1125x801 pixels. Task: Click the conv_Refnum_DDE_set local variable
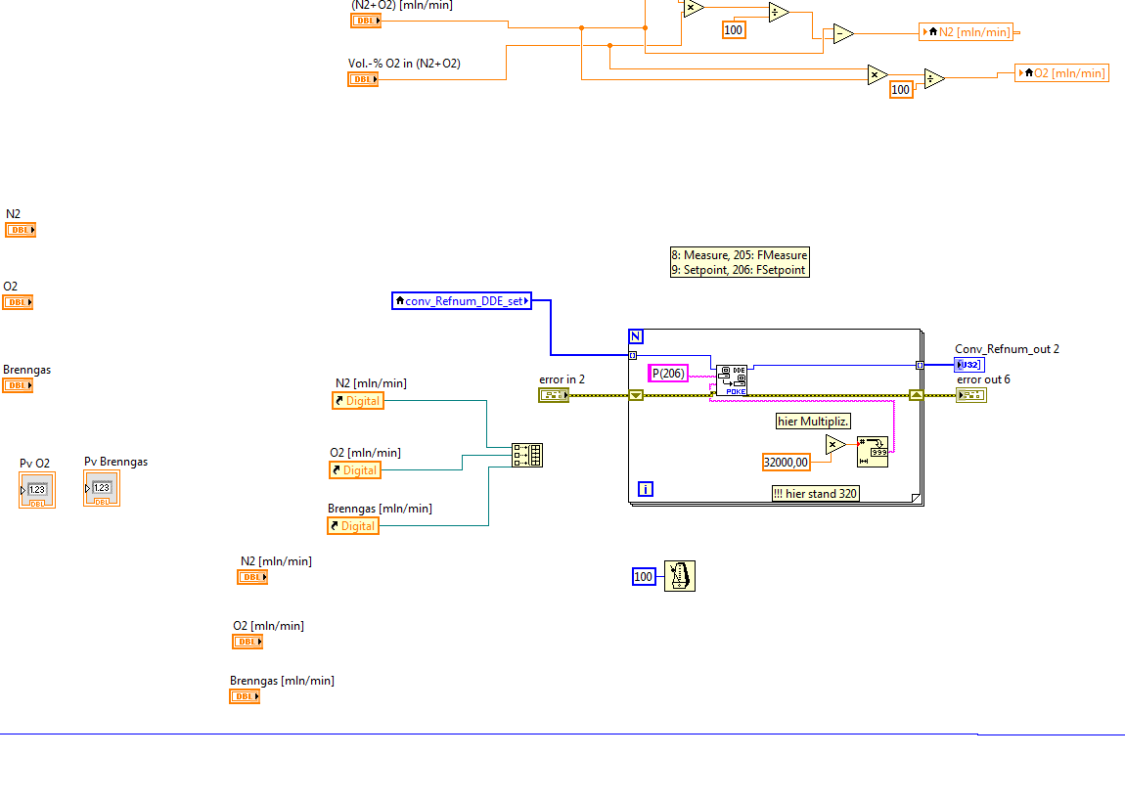click(462, 301)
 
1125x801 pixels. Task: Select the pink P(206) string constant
click(668, 373)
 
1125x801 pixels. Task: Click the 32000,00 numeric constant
click(787, 462)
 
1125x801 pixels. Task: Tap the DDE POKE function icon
click(732, 379)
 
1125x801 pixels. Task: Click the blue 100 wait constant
click(644, 577)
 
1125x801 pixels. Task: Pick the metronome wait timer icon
click(680, 576)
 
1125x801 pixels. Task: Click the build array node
click(527, 455)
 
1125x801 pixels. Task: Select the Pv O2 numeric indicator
click(37, 489)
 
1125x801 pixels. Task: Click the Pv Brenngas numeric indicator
click(102, 488)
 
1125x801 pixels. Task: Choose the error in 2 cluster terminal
click(553, 395)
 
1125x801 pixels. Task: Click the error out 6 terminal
click(971, 395)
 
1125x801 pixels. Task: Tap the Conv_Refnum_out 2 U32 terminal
click(969, 365)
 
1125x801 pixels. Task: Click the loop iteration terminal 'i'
click(645, 488)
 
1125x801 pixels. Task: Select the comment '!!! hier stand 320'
click(816, 494)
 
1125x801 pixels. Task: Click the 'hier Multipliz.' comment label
click(813, 422)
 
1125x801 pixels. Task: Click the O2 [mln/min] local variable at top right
click(1062, 73)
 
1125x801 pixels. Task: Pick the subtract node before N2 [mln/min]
click(843, 34)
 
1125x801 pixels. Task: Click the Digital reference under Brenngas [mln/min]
click(353, 526)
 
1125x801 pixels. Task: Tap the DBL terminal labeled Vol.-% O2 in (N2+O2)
click(363, 79)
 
